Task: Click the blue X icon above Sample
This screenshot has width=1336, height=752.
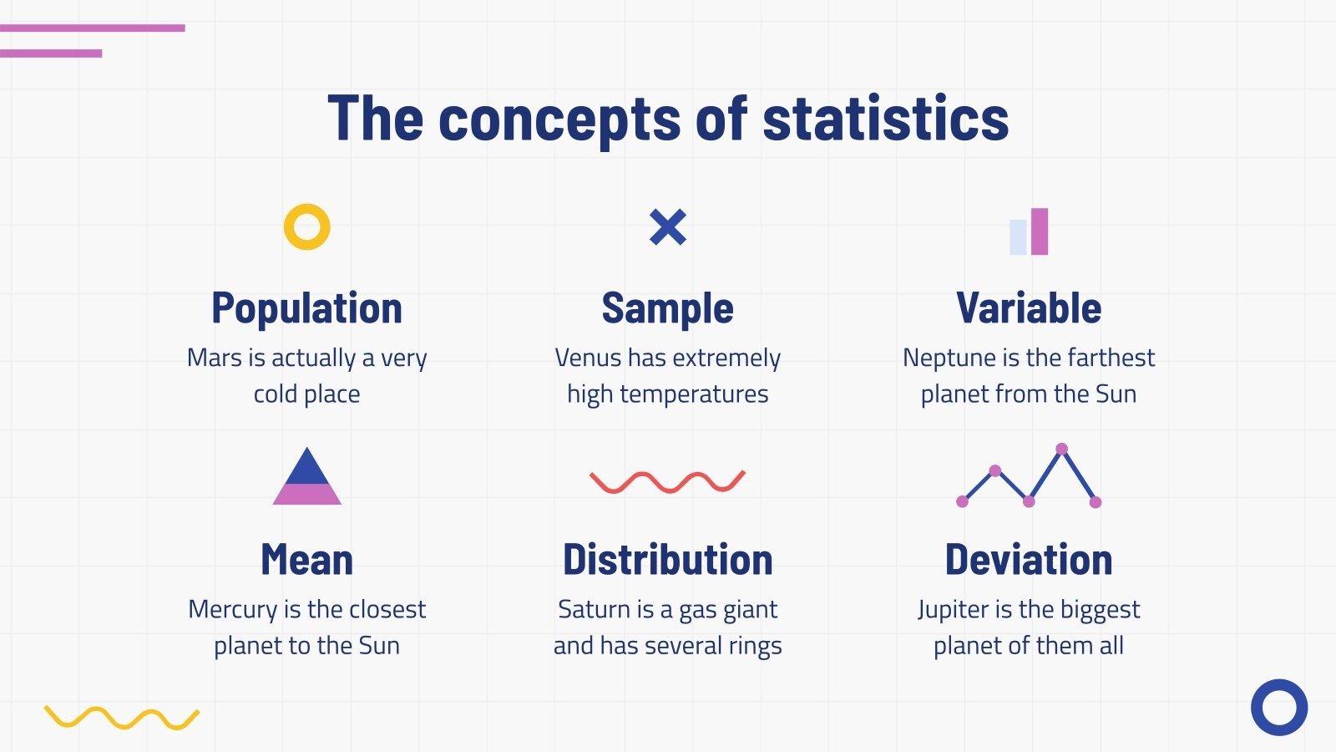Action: point(668,226)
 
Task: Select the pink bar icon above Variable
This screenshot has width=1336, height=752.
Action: point(1039,231)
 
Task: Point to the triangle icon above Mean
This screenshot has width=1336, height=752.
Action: point(307,479)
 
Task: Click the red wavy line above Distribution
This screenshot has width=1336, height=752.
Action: point(667,481)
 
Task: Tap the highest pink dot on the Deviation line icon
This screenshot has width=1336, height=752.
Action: point(1061,450)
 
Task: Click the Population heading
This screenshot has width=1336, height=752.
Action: point(306,308)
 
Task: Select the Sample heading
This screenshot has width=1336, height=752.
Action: point(667,308)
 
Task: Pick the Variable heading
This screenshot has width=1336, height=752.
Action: point(1029,308)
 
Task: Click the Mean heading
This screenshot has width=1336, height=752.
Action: point(306,560)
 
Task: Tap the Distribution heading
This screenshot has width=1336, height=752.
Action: point(667,560)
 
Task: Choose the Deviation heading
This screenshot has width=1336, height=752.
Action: point(1029,560)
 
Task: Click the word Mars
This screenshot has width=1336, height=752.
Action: point(214,358)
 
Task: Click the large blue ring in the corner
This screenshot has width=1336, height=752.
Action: point(1278,708)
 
